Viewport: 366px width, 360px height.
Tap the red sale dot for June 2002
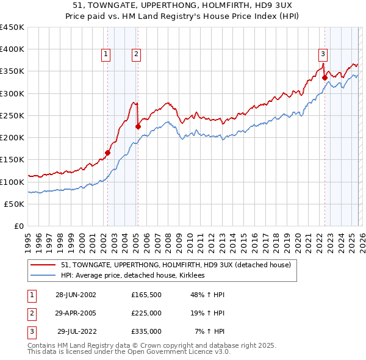(x=108, y=153)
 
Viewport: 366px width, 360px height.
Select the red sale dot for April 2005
(x=138, y=126)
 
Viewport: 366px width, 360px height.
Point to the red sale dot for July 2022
(x=325, y=77)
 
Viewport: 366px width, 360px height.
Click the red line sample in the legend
(x=44, y=265)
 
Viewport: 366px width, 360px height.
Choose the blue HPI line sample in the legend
(x=44, y=276)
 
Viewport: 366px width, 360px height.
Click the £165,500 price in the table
(x=146, y=294)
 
